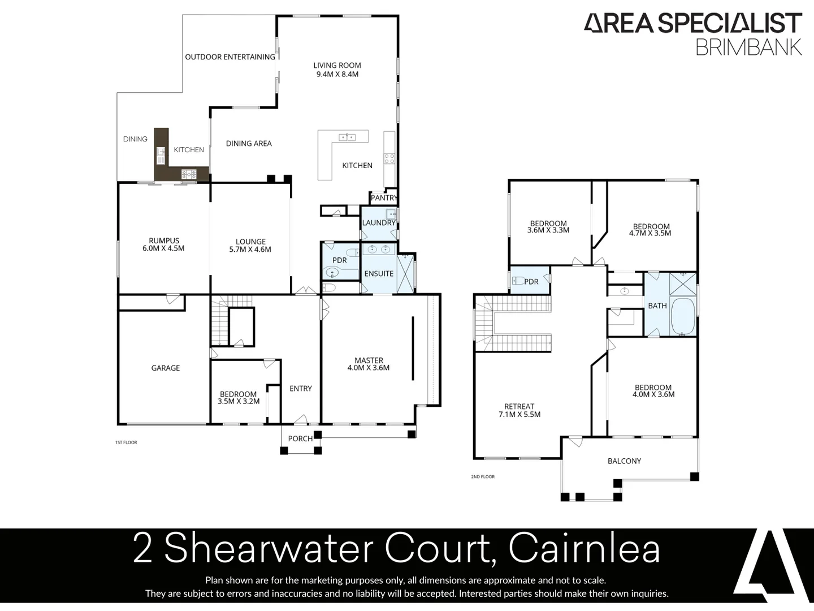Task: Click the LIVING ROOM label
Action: pyautogui.click(x=337, y=66)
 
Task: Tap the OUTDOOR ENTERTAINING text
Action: pyautogui.click(x=230, y=57)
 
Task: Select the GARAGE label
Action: pyautogui.click(x=166, y=368)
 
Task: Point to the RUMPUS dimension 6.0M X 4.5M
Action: pyautogui.click(x=163, y=248)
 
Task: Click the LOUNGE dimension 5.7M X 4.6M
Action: pyautogui.click(x=250, y=249)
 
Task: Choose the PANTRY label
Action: pyautogui.click(x=384, y=198)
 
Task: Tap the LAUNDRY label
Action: pyautogui.click(x=379, y=223)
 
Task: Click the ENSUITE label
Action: pyautogui.click(x=379, y=274)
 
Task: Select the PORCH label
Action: pyautogui.click(x=300, y=439)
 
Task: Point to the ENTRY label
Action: pyautogui.click(x=301, y=389)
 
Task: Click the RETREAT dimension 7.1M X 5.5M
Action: pyautogui.click(x=519, y=415)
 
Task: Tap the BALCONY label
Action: pyautogui.click(x=624, y=461)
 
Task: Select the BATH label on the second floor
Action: pyautogui.click(x=657, y=306)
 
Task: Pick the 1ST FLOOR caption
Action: pyautogui.click(x=126, y=442)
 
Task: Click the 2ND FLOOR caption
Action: pyautogui.click(x=483, y=477)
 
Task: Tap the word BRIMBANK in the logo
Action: pyautogui.click(x=748, y=47)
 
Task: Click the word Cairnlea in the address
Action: pyautogui.click(x=584, y=549)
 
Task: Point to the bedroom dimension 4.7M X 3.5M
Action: pyautogui.click(x=651, y=233)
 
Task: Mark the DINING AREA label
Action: pyautogui.click(x=249, y=144)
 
